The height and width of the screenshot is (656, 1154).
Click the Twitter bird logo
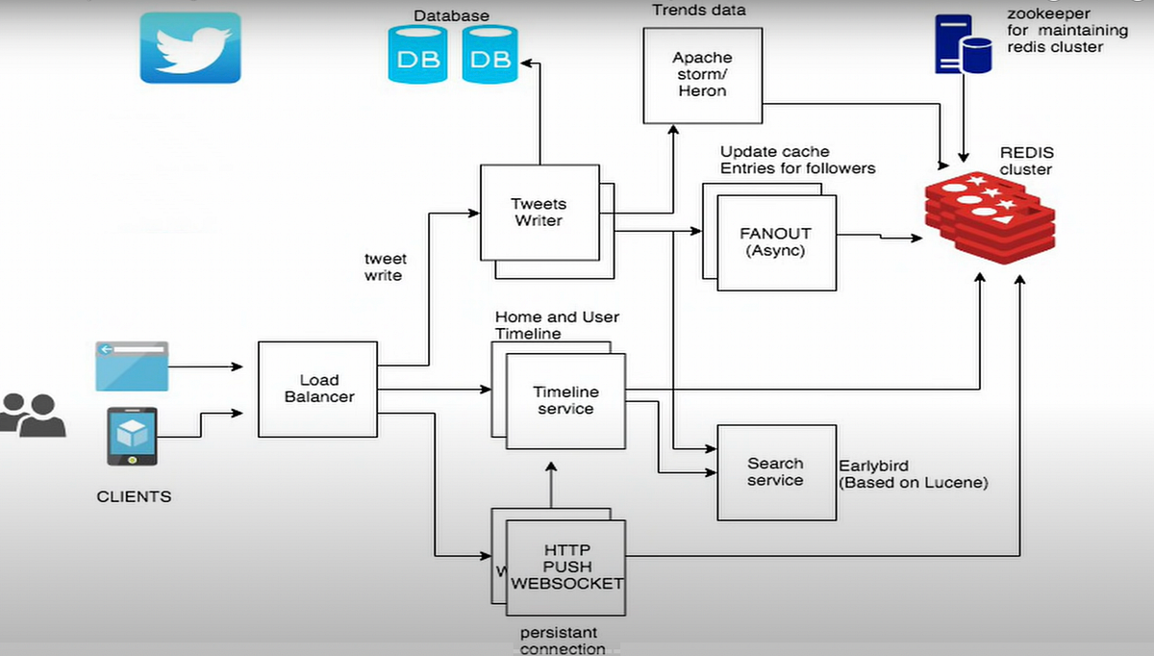pyautogui.click(x=190, y=47)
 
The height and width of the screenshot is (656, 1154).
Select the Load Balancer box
pyautogui.click(x=319, y=389)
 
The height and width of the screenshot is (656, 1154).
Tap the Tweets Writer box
pyautogui.click(x=539, y=213)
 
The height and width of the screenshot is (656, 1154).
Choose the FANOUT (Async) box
pyautogui.click(x=775, y=241)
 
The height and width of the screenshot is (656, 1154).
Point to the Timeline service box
pyautogui.click(x=565, y=400)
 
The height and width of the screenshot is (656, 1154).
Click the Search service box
pyautogui.click(x=775, y=471)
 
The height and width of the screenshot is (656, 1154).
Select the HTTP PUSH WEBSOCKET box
pyautogui.click(x=565, y=567)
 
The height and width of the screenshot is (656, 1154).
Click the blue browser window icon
pyautogui.click(x=132, y=366)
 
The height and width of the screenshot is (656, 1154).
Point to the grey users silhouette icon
pyautogui.click(x=32, y=415)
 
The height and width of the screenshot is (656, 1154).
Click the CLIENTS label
pyautogui.click(x=134, y=497)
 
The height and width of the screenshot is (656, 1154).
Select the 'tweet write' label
pyautogui.click(x=386, y=267)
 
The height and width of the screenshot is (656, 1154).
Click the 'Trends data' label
pyautogui.click(x=698, y=11)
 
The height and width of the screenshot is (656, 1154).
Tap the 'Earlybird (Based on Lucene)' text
pyautogui.click(x=913, y=473)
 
